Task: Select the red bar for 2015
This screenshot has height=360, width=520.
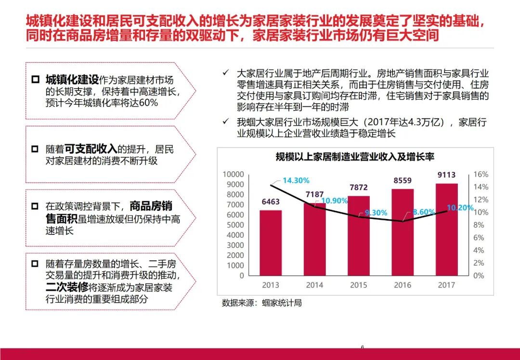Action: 359,236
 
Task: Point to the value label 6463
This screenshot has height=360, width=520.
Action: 271,202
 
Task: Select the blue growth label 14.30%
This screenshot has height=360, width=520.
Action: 296,180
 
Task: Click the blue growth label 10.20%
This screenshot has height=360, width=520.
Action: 461,208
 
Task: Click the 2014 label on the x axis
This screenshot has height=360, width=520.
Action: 314,285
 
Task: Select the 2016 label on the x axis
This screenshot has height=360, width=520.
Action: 403,285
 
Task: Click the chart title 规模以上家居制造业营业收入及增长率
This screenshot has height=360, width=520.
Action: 355,156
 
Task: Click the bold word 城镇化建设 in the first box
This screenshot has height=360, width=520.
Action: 72,80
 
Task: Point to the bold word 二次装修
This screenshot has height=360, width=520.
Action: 67,287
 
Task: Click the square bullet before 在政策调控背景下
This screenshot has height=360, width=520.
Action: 35,206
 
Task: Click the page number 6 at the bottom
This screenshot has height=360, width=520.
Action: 363,347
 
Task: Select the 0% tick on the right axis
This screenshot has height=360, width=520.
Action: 479,276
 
